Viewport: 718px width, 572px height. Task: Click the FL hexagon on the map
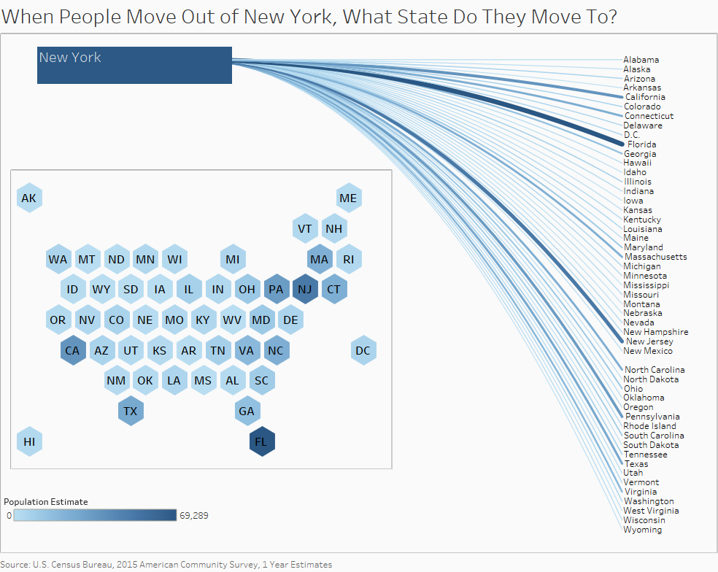[261, 441]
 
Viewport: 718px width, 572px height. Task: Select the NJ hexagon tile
[304, 289]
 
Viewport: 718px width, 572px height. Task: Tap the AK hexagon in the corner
[28, 198]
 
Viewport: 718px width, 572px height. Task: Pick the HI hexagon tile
[28, 441]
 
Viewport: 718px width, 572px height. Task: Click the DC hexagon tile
[363, 350]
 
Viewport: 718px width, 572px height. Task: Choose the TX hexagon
[130, 411]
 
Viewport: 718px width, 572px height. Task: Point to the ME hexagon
[348, 198]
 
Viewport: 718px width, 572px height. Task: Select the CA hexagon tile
[72, 350]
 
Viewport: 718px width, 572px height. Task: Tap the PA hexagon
[276, 289]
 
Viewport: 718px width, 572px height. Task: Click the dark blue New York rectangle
[134, 66]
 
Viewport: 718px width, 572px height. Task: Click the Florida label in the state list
[641, 144]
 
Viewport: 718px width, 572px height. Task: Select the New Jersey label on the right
[649, 341]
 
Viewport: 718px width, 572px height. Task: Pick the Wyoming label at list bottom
[642, 530]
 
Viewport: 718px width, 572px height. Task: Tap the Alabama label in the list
[641, 60]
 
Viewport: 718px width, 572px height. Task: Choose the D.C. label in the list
[632, 135]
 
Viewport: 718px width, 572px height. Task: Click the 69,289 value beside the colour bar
[194, 516]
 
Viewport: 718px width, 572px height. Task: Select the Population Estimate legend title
[45, 502]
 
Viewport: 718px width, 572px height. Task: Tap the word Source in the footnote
[15, 565]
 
